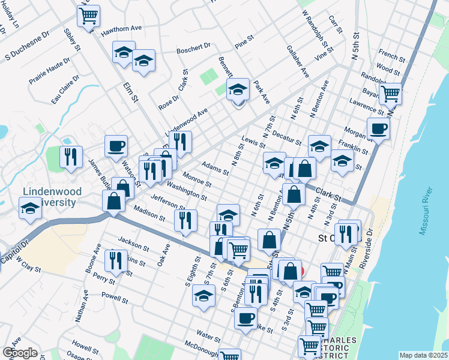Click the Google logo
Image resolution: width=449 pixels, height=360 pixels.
(x=20, y=353)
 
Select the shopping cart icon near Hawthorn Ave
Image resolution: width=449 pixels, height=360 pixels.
(x=89, y=16)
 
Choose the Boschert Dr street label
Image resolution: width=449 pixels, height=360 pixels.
(x=193, y=46)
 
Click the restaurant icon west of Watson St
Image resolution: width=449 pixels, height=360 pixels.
(x=71, y=157)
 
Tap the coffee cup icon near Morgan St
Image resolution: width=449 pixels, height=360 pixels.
(x=378, y=128)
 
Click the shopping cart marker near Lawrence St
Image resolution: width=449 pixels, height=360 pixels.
(x=391, y=93)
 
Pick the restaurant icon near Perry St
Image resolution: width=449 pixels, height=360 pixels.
(x=113, y=260)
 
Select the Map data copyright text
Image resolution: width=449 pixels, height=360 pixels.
(x=423, y=355)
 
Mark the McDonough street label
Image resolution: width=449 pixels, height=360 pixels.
(x=201, y=347)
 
